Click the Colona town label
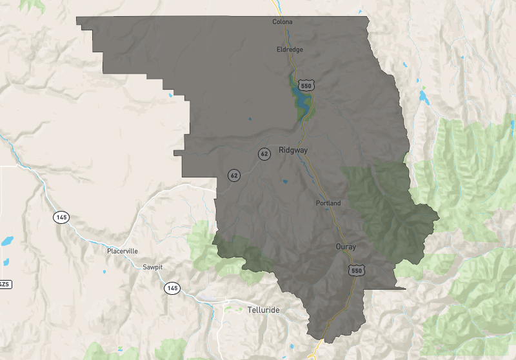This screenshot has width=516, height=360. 283,22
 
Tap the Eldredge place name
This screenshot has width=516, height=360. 290,50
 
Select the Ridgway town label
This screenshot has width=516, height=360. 293,150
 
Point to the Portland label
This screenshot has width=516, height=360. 328,203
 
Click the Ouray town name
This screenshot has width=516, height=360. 346,246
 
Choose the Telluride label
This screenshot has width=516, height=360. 264,310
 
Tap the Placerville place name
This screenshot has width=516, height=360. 123,251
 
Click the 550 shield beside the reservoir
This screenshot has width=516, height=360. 306,85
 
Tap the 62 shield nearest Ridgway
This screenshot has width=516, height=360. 264,154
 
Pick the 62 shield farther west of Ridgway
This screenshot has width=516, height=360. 233,175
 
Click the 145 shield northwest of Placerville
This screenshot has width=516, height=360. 61,217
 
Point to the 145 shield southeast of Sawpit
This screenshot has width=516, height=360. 172,287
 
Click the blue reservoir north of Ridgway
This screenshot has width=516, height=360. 300,101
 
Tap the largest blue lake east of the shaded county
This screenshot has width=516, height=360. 424,97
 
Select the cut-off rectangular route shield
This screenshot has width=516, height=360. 4,284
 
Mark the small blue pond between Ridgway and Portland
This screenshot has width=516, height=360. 284,181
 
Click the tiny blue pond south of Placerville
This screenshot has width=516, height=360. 104,272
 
